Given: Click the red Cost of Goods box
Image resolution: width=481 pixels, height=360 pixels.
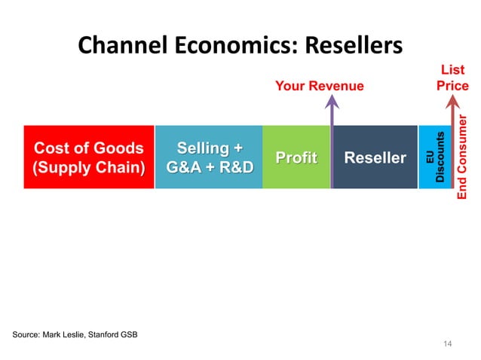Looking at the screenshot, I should click(x=88, y=157).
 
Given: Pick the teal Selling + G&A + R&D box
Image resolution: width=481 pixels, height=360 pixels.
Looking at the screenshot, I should click(x=209, y=157).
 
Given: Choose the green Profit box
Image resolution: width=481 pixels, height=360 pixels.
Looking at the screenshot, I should click(x=296, y=157).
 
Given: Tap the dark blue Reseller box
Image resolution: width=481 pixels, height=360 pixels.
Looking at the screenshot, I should click(x=375, y=157).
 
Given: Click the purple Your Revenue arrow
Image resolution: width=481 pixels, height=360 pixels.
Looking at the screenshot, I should click(x=331, y=143).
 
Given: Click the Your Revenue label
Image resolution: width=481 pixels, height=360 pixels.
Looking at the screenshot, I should click(x=319, y=86).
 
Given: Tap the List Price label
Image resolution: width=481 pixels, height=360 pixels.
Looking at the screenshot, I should click(x=452, y=78).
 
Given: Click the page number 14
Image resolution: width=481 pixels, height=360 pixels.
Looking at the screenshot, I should click(x=447, y=344).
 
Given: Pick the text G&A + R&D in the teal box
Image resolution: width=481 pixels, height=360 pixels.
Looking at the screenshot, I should click(x=209, y=166).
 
